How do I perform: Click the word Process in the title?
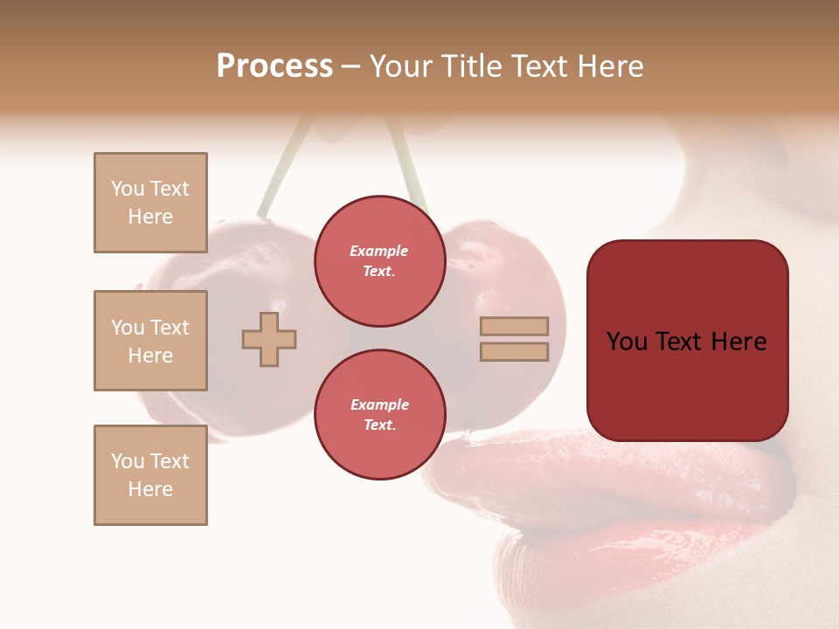(x=274, y=66)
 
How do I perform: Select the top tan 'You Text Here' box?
(x=150, y=203)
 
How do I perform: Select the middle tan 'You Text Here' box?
(x=150, y=341)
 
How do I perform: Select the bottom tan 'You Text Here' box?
(x=150, y=475)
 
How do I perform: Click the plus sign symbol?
(x=269, y=339)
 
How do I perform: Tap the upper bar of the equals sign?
(x=514, y=326)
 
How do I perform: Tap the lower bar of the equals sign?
(x=514, y=352)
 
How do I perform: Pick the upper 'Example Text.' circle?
(x=379, y=261)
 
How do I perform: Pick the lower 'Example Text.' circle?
(x=379, y=415)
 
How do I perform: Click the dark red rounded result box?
(x=687, y=384)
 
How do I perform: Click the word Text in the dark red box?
(x=682, y=342)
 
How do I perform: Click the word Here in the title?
(x=611, y=66)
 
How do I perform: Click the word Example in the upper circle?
(x=379, y=252)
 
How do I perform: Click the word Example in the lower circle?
(x=379, y=405)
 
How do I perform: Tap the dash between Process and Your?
(x=351, y=66)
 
